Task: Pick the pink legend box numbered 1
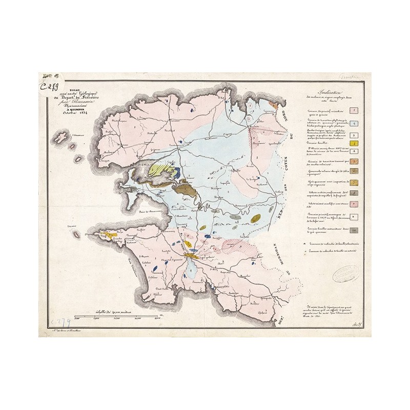point(354,111)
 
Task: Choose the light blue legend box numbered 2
point(354,124)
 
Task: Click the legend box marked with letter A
point(354,151)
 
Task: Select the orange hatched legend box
point(354,161)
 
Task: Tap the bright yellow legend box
point(354,143)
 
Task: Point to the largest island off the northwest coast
point(61,137)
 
